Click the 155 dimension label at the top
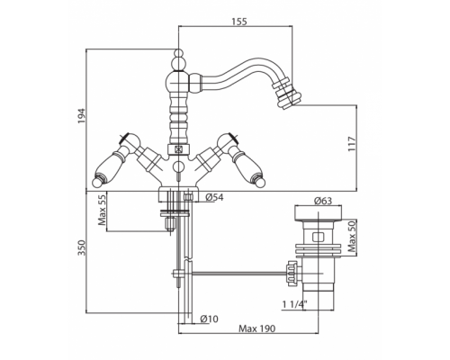(239, 22)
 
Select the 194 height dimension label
(81, 116)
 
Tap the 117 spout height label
(352, 144)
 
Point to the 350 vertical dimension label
(82, 247)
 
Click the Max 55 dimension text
(102, 210)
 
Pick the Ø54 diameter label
(214, 197)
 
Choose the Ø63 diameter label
(323, 201)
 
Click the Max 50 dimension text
(352, 236)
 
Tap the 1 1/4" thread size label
(295, 305)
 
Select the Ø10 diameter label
(209, 319)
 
